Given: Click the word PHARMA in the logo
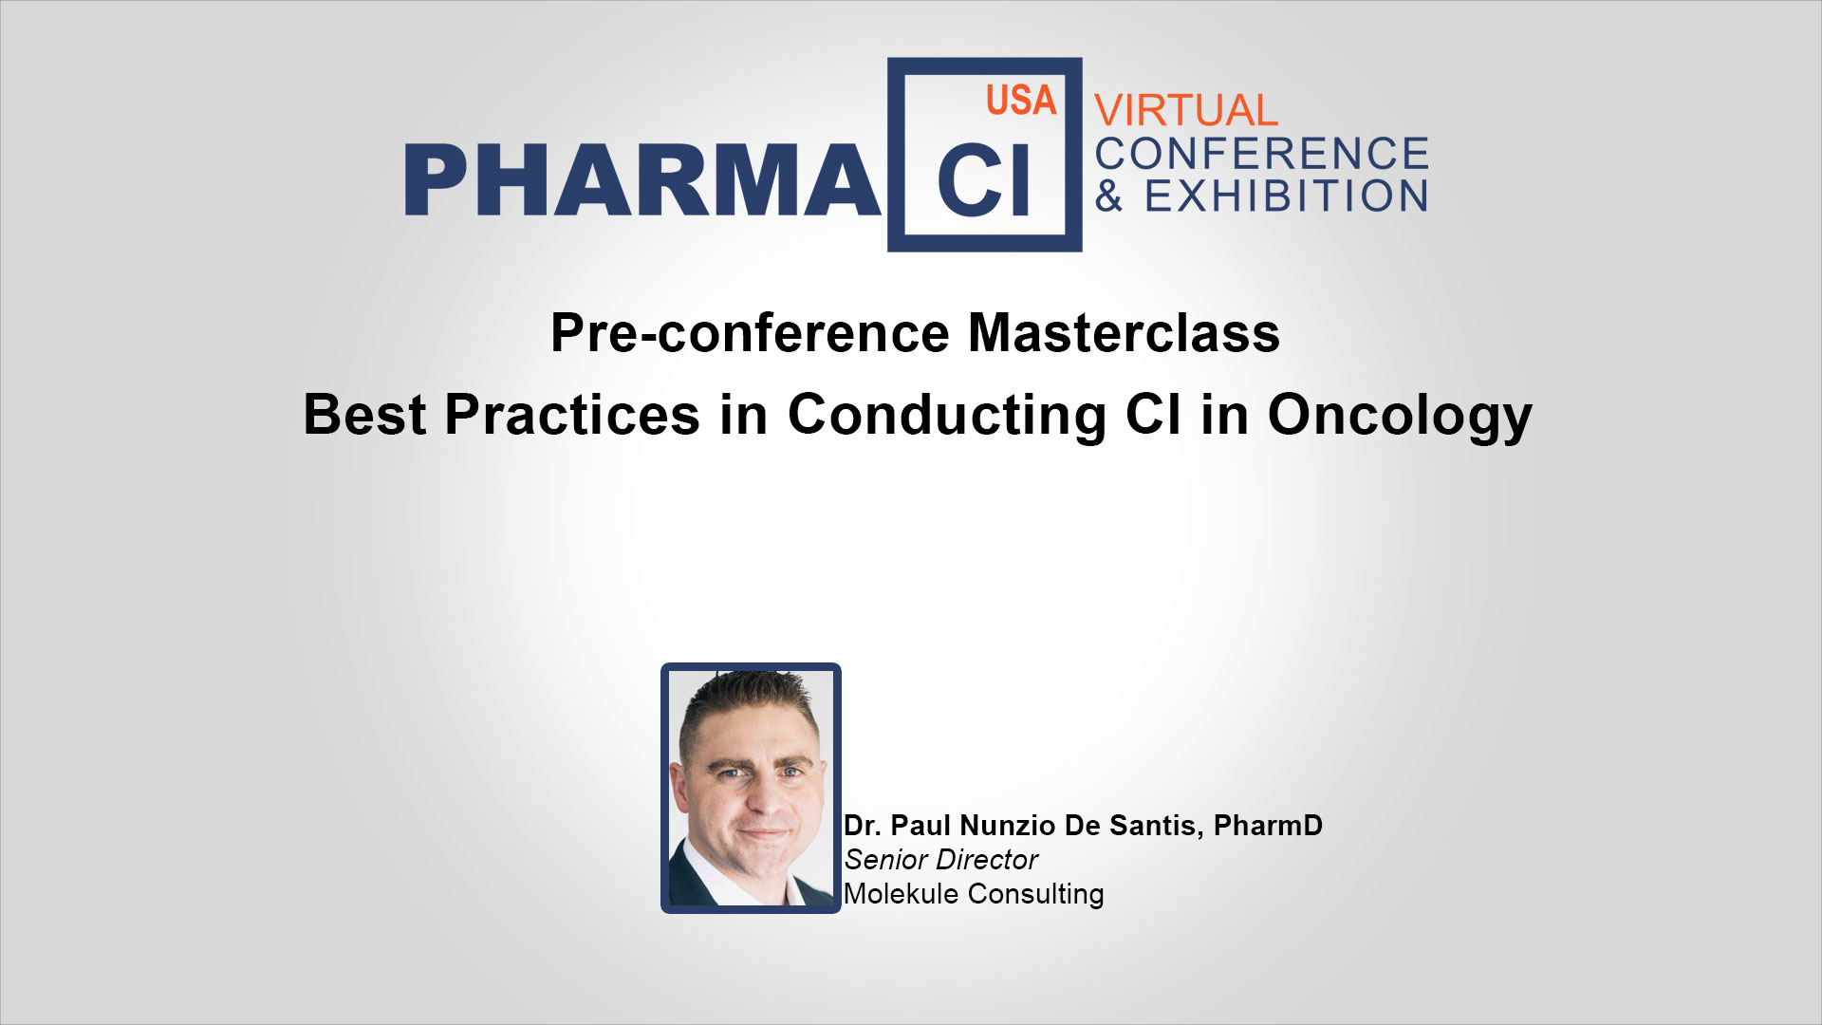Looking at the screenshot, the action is click(x=642, y=180).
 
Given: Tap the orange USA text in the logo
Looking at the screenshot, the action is click(x=1021, y=101).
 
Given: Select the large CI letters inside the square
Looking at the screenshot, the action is click(x=983, y=180).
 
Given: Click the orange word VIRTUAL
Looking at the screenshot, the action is click(x=1186, y=111).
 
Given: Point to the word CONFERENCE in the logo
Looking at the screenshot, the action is click(x=1262, y=154).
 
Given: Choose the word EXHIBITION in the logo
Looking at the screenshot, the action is click(x=1286, y=196).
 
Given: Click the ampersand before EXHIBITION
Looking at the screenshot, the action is click(x=1109, y=196).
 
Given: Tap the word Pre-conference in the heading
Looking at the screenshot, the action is click(x=750, y=333).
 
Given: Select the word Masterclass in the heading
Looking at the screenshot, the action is click(x=1124, y=333).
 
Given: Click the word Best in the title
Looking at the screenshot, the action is click(x=364, y=415).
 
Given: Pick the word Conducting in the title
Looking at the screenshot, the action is click(x=947, y=418).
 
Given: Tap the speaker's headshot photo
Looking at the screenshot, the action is click(x=751, y=788).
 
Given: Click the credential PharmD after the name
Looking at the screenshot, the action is click(x=1268, y=826).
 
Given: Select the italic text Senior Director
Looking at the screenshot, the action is click(x=940, y=860).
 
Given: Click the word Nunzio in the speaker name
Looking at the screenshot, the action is click(x=1008, y=826).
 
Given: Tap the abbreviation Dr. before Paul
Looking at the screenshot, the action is click(x=863, y=826).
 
